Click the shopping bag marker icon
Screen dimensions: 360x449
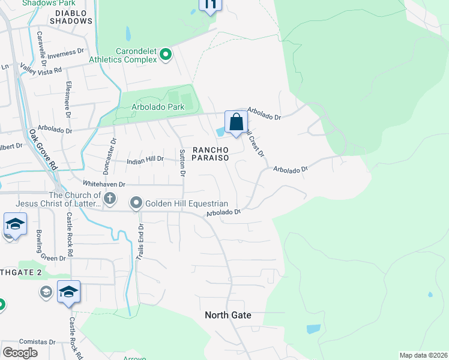click(x=237, y=122)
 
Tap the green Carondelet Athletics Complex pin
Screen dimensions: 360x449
click(x=166, y=56)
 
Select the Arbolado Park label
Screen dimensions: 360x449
click(x=157, y=107)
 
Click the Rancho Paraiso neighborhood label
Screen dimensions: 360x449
click(x=211, y=153)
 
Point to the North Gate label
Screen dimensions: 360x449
click(x=228, y=315)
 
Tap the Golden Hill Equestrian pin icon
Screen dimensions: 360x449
click(x=137, y=203)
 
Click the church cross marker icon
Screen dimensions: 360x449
click(x=109, y=198)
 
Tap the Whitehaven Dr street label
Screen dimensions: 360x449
click(x=104, y=184)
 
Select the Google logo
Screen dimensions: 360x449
click(x=20, y=353)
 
